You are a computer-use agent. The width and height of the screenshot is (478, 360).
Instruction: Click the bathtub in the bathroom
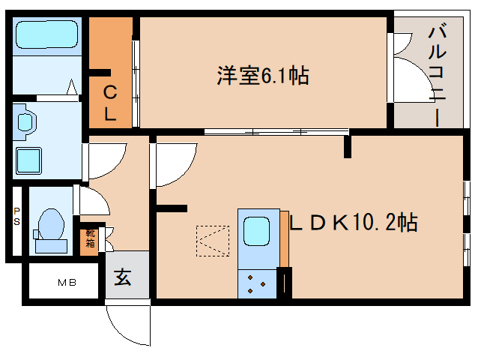point(46,34)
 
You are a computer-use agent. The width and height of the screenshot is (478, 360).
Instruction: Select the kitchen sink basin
point(256,231)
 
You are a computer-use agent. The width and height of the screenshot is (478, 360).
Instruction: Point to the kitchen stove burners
point(257,284)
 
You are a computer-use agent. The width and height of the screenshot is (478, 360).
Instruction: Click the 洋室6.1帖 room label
point(263,75)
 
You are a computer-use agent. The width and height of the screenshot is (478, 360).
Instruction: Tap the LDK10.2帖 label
point(353,222)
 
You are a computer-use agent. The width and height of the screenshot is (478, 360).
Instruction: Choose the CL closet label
point(110,103)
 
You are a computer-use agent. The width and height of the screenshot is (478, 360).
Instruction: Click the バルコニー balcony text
point(438,76)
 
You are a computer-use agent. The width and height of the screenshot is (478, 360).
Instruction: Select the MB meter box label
point(67,283)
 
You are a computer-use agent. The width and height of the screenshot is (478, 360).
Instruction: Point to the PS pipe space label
point(16,216)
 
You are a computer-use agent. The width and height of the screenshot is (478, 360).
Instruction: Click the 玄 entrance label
point(123,277)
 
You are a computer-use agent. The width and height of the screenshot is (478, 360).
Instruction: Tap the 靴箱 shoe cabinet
point(90,238)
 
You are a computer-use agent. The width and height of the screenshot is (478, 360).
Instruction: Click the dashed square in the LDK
point(213,241)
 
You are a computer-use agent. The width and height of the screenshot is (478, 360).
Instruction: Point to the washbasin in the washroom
point(25,122)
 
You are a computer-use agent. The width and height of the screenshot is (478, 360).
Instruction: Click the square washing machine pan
point(28,160)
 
